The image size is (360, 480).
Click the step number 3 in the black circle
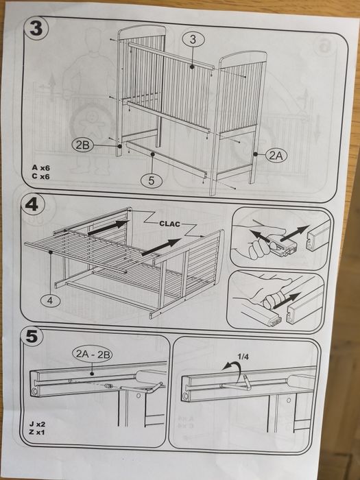point(36,29)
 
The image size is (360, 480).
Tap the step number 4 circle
point(32,204)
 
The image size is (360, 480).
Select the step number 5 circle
point(32,336)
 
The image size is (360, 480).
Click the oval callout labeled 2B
point(82,145)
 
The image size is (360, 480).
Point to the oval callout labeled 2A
point(276,156)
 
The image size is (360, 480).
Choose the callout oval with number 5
point(152,180)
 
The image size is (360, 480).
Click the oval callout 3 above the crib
point(193,40)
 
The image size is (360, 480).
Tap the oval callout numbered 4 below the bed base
point(50,300)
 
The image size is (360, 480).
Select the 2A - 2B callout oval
point(93,355)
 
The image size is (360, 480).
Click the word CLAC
point(170,224)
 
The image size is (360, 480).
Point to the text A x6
point(40,168)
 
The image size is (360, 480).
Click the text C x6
point(40,177)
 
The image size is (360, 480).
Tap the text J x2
point(37,424)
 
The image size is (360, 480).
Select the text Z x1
point(37,433)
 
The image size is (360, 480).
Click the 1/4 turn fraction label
point(243,357)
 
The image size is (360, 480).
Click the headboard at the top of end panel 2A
point(243,57)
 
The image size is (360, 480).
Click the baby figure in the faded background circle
point(92,124)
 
